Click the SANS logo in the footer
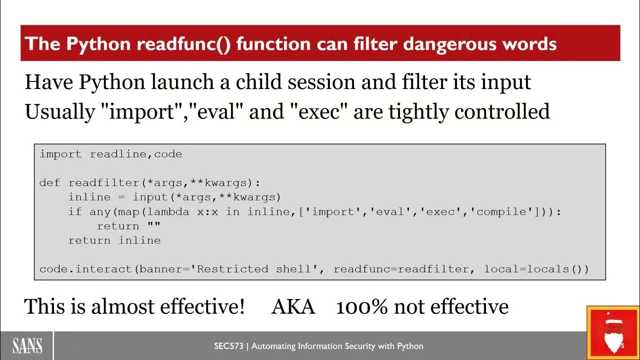(27, 346)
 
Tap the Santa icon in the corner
(613, 332)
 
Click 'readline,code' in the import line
(136, 154)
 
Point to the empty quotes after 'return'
(153, 226)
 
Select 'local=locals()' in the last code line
(536, 269)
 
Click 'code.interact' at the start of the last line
(86, 269)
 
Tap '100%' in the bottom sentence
(361, 306)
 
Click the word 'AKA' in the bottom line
(293, 306)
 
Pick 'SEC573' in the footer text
(228, 346)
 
